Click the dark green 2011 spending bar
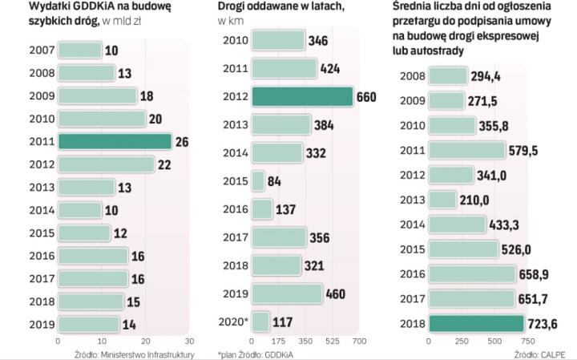115,142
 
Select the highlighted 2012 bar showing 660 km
302,96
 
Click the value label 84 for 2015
275,181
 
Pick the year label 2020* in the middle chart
235,322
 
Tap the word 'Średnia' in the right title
420,7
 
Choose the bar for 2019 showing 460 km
286,294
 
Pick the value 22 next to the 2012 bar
165,164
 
